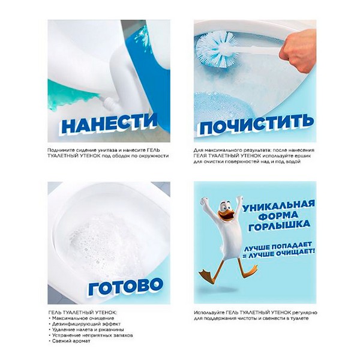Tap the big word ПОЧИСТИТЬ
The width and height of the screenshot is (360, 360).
tap(256, 124)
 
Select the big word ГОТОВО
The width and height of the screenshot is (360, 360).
tap(125, 287)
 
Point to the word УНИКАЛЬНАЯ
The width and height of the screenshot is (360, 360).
tap(278, 205)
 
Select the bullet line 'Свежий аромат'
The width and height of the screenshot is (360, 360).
tap(71, 341)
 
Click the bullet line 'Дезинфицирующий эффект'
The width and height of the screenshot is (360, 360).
tap(86, 324)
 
